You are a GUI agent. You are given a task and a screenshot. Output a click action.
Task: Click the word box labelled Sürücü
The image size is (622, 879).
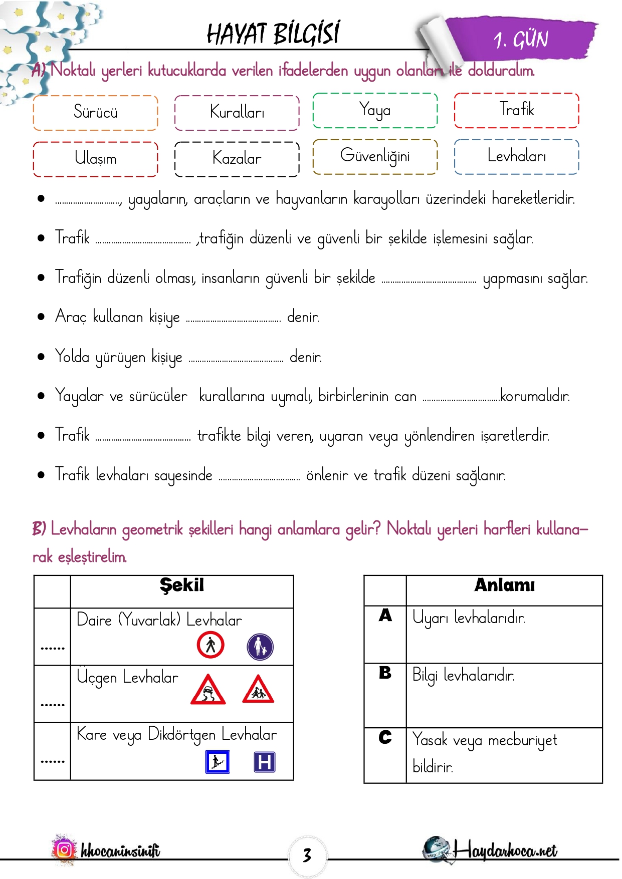pos(95,112)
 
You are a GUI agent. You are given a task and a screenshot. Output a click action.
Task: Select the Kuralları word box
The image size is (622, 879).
pos(237,112)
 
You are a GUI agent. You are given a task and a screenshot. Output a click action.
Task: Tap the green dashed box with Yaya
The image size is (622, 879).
pos(375,110)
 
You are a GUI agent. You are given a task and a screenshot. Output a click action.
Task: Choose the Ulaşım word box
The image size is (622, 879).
pos(95,159)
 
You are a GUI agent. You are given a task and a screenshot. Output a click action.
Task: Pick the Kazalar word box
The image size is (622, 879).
pos(237,159)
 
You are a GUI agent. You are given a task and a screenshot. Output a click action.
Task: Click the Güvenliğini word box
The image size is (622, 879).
pos(375,156)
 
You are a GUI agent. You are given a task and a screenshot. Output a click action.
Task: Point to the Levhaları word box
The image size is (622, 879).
pos(516,156)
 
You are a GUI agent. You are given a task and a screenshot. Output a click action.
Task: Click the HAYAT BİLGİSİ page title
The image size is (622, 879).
pos(273,34)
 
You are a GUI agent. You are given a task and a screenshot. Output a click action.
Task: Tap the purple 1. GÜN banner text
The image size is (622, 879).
pos(521,40)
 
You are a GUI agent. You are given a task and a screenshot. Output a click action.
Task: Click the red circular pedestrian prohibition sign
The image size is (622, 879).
pos(211,645)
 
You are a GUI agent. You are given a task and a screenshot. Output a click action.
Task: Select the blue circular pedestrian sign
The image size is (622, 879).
pos(260,647)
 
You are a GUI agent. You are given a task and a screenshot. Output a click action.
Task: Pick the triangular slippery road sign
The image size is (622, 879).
pos(208,690)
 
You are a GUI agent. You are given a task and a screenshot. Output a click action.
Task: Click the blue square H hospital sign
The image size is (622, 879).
pos(265,762)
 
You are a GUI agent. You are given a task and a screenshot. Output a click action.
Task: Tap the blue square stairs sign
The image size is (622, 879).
pos(218,762)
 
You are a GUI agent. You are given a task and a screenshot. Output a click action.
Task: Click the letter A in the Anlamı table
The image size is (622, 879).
pos(385,615)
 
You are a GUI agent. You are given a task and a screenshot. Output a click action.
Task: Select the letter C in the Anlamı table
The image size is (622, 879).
pos(385,737)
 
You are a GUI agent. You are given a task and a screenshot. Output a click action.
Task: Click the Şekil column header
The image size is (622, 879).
pos(182,585)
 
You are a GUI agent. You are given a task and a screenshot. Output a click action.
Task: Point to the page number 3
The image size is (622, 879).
pos(307,855)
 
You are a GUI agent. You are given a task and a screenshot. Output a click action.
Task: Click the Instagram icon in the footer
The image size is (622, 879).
pos(64,850)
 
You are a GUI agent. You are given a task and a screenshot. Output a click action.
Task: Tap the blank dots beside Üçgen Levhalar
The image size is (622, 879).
pos(53,704)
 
